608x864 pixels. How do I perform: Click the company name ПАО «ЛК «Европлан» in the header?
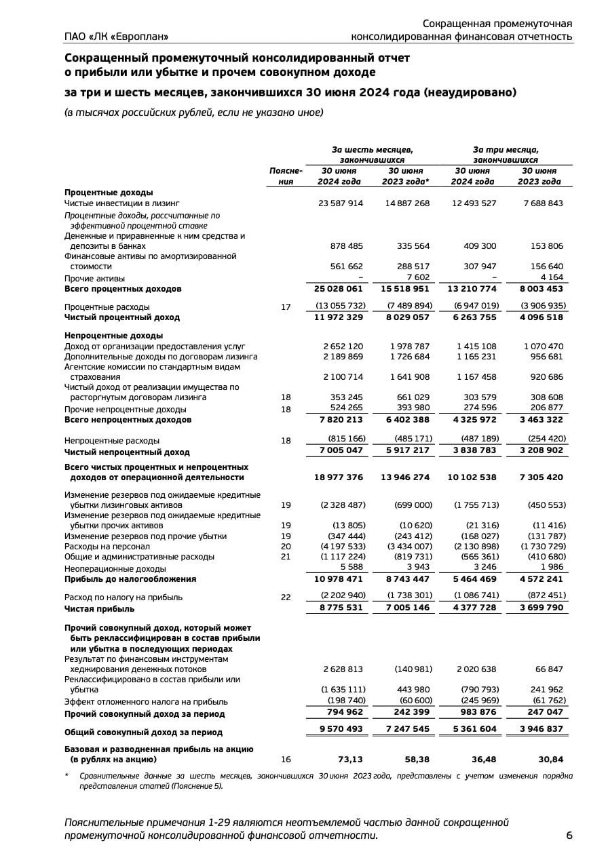pyautogui.click(x=116, y=36)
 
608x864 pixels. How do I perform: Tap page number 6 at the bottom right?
pyautogui.click(x=569, y=836)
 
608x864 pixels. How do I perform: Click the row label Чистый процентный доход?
pyautogui.click(x=122, y=317)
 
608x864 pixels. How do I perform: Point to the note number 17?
pyautogui.click(x=286, y=307)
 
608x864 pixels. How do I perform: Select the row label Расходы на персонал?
pyautogui.click(x=107, y=547)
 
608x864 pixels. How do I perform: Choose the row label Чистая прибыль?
pyautogui.click(x=99, y=609)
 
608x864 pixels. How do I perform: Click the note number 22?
pyautogui.click(x=286, y=597)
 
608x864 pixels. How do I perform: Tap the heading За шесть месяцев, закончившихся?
pyautogui.click(x=373, y=154)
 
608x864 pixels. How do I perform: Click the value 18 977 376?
pyautogui.click(x=339, y=477)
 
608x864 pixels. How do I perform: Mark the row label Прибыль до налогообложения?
pyautogui.click(x=130, y=579)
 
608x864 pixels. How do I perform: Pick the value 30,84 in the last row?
pyautogui.click(x=550, y=759)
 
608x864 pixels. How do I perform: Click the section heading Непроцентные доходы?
pyautogui.click(x=113, y=336)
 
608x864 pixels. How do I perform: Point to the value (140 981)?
pyautogui.click(x=413, y=669)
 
